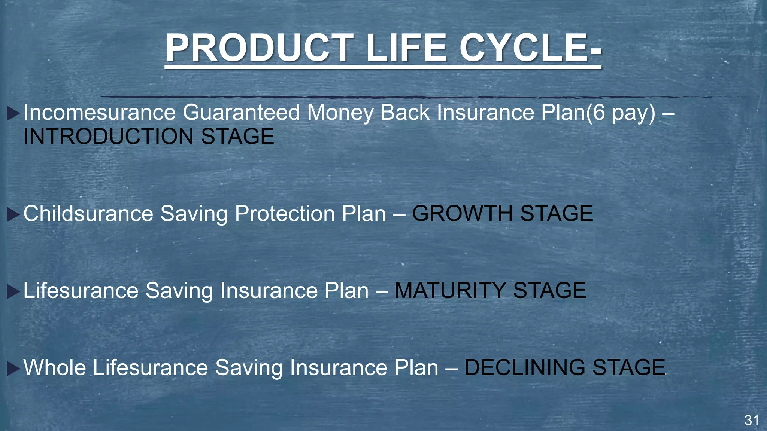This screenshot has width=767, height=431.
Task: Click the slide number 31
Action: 752,421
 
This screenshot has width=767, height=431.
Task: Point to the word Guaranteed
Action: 241,112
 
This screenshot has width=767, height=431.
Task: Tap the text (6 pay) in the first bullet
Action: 621,113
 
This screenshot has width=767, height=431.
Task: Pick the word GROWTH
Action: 462,214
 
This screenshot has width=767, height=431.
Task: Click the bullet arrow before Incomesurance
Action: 13,113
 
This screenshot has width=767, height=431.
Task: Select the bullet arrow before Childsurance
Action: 13,215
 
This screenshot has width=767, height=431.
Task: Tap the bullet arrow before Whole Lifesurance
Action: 13,368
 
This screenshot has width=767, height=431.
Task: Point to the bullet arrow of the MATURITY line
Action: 13,291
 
